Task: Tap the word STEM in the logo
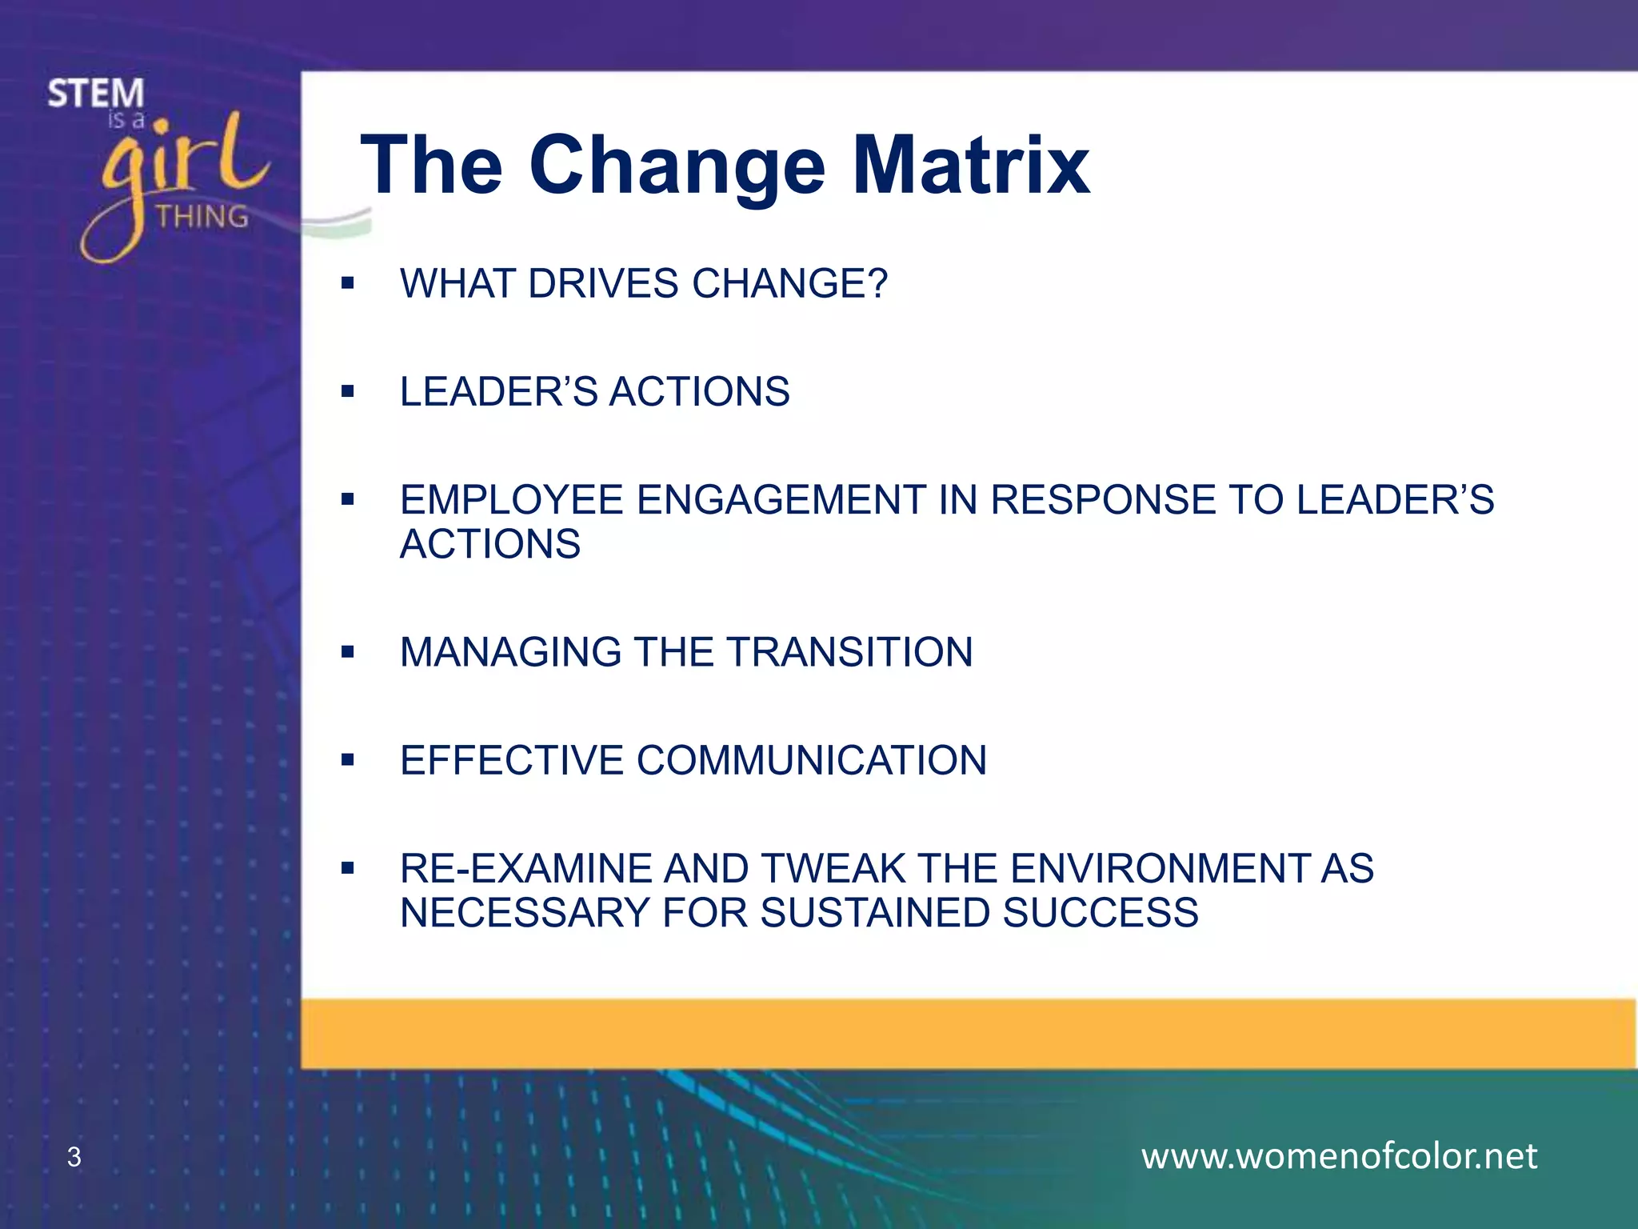(96, 94)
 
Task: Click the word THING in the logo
(202, 217)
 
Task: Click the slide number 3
(74, 1157)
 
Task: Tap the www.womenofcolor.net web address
(1339, 1156)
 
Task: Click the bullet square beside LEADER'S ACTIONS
(347, 391)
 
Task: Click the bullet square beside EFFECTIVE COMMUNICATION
(347, 760)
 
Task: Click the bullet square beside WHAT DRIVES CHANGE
(347, 283)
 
